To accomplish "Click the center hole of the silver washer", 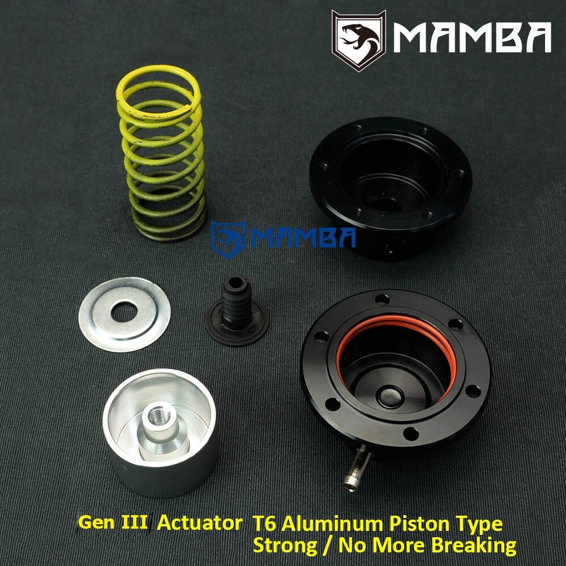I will (x=124, y=312).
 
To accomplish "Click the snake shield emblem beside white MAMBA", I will (x=359, y=40).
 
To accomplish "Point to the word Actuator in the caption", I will (x=199, y=523).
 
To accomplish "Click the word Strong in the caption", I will (x=285, y=546).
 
